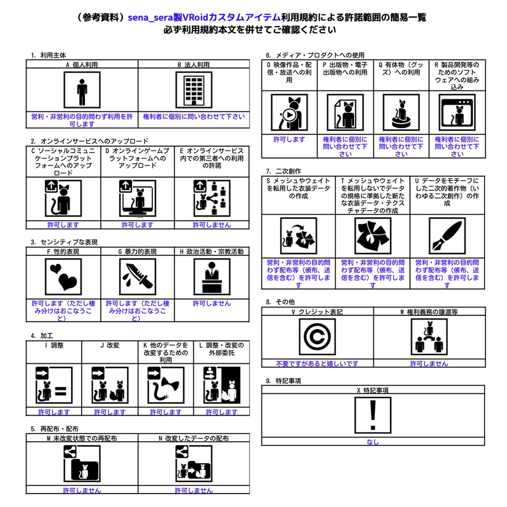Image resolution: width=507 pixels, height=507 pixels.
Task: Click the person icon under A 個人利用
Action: pos(82,90)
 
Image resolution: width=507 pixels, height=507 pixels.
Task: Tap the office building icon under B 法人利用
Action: pos(194,90)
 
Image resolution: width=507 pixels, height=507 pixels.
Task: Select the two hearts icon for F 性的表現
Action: pos(63,276)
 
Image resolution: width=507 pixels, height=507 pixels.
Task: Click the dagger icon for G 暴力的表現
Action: pos(138,276)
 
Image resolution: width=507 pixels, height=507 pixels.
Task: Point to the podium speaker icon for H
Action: pos(212,276)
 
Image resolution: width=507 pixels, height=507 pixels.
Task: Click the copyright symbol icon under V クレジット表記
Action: pos(317,336)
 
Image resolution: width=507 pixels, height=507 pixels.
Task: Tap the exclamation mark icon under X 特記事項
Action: pos(372,415)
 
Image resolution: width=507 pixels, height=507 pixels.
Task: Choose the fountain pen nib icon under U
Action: pos(447,236)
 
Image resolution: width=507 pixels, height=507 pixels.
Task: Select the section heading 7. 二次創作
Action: pos(283,171)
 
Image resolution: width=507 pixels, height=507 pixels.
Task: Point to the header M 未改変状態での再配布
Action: pos(82,438)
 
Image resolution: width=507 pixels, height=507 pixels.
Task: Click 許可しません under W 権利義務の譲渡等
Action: pos(429,363)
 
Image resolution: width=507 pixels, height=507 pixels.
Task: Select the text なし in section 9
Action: pos(372,442)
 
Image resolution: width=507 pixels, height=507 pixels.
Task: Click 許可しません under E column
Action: pos(212,225)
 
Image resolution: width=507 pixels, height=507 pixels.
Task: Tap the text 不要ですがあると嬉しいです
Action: pos(317,363)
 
